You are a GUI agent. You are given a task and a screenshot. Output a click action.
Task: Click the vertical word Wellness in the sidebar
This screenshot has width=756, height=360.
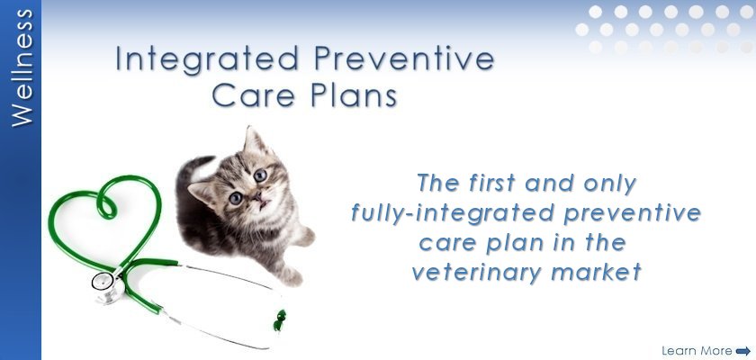(22, 68)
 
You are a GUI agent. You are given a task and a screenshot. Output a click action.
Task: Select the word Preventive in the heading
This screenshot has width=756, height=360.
(404, 58)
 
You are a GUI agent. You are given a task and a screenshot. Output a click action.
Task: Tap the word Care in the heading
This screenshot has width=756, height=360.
(254, 95)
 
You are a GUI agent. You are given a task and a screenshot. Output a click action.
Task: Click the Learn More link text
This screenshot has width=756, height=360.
(697, 350)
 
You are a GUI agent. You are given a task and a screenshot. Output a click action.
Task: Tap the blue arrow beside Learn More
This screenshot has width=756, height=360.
(743, 351)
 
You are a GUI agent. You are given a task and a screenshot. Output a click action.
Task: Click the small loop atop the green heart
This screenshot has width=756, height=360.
(106, 203)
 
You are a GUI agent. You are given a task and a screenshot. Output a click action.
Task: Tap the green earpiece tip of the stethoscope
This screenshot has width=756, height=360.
(280, 321)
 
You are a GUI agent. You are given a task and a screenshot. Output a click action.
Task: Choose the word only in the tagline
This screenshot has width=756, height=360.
(610, 184)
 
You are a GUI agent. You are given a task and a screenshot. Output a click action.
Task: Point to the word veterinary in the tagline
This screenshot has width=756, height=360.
(477, 273)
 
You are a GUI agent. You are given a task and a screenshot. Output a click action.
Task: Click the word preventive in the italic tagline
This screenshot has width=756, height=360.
(632, 213)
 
